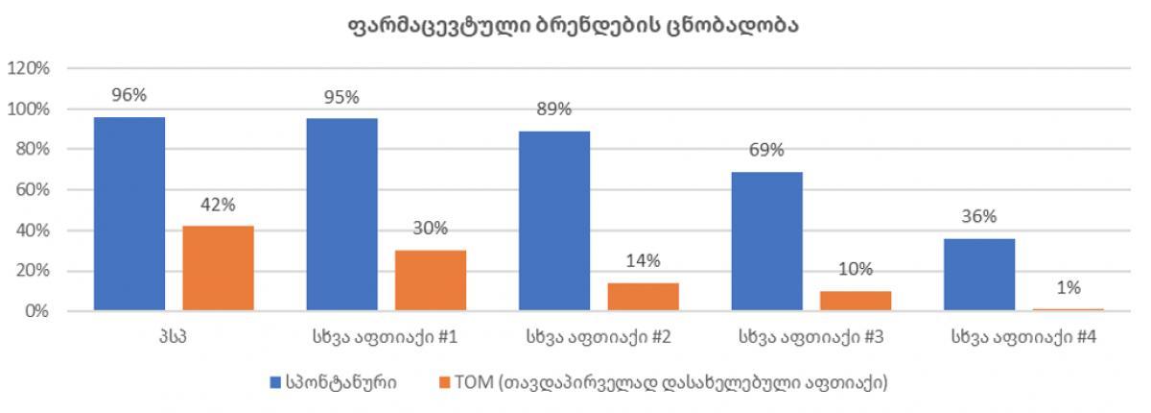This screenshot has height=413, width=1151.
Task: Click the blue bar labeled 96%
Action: (129, 213)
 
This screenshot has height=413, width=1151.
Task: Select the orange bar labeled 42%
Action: (218, 268)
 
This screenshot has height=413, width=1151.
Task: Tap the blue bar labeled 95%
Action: (341, 214)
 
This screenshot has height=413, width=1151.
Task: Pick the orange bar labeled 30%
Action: (431, 280)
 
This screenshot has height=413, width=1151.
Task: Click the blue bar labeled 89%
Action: (554, 220)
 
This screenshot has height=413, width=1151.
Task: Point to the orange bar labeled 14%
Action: (643, 297)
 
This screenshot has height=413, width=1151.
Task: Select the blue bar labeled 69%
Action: (766, 241)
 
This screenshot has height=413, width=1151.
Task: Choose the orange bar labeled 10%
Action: (856, 301)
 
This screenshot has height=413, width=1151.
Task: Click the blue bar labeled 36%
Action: (979, 275)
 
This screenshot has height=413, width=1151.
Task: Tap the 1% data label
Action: (1069, 287)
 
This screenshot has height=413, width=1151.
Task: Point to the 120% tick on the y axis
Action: (29, 68)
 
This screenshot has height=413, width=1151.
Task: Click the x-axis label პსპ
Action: (174, 338)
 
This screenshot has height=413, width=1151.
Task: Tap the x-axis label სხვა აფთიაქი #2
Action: (599, 338)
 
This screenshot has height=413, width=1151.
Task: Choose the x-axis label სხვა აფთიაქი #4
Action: (1023, 338)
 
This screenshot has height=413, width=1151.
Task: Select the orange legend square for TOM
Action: (443, 381)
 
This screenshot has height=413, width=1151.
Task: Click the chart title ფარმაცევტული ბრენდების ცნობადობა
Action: (575, 26)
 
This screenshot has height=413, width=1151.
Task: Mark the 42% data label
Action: (218, 205)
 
